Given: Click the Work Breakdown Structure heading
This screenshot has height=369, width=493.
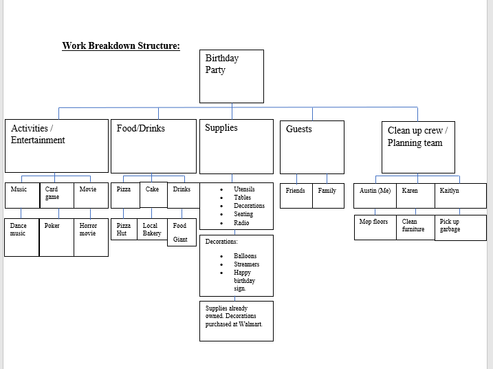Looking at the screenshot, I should pyautogui.click(x=121, y=46).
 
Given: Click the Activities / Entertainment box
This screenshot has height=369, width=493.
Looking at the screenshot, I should pyautogui.click(x=56, y=145).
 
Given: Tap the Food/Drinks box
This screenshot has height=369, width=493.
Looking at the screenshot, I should pyautogui.click(x=153, y=147).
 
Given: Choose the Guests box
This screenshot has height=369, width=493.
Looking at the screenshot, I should pyautogui.click(x=311, y=147).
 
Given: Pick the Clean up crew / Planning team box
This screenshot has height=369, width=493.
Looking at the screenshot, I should pyautogui.click(x=417, y=147).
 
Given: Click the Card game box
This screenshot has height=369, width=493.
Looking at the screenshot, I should pyautogui.click(x=56, y=196).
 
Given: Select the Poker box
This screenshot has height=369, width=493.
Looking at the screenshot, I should pyautogui.click(x=56, y=238).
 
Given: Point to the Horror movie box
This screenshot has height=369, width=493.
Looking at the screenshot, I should pyautogui.click(x=91, y=238).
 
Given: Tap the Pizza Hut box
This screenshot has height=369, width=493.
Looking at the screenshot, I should pyautogui.click(x=124, y=229).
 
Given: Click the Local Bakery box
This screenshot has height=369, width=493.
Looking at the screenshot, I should pyautogui.click(x=152, y=229).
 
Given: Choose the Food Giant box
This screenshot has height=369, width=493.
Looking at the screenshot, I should pyautogui.click(x=181, y=233).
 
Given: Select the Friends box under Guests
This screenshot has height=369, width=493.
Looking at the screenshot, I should pyautogui.click(x=296, y=195).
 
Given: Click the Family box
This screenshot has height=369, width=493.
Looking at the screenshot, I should pyautogui.click(x=328, y=195).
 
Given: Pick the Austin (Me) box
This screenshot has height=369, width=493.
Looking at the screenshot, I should pyautogui.click(x=375, y=195).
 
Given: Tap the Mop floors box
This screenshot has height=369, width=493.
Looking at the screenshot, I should pyautogui.click(x=375, y=227).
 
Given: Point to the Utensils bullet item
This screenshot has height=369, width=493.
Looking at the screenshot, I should pyautogui.click(x=244, y=189).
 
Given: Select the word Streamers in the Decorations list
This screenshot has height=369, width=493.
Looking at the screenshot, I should pyautogui.click(x=246, y=264).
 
